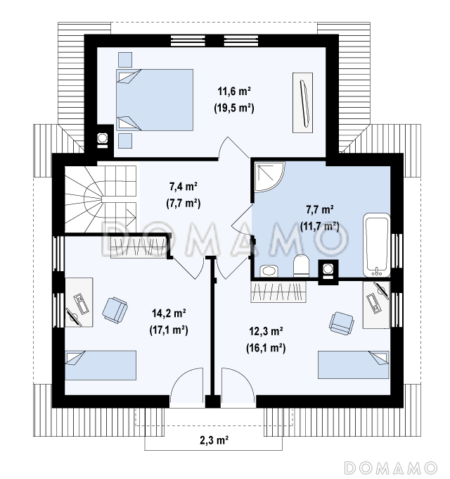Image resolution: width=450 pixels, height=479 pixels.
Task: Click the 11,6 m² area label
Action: click(234, 91)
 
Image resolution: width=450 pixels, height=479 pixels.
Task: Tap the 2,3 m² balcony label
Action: click(214, 440)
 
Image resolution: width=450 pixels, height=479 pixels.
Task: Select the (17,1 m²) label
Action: click(169, 330)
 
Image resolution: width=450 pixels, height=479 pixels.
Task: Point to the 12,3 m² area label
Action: click(266, 331)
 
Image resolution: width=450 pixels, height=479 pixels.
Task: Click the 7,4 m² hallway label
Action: click(184, 186)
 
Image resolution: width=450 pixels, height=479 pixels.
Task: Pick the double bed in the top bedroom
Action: click(155, 100)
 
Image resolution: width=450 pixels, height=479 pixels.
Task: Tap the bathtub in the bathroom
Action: click(377, 245)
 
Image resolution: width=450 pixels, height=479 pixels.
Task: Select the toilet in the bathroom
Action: click(301, 266)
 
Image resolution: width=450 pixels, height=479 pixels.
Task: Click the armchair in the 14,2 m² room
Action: click(115, 310)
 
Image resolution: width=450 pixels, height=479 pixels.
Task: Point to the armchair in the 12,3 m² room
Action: click(342, 323)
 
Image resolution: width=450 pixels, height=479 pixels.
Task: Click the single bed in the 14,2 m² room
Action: click(101, 365)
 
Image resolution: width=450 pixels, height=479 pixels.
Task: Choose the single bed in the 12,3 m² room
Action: click(354, 365)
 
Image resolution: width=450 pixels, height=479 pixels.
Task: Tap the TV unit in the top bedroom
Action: click(303, 103)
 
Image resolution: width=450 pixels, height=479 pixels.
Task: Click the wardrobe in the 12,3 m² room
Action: click(278, 292)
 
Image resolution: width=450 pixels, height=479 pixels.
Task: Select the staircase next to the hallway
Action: click(101, 199)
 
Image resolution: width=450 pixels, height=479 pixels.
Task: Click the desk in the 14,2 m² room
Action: click(79, 302)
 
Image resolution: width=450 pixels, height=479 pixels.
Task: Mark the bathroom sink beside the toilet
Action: click(269, 271)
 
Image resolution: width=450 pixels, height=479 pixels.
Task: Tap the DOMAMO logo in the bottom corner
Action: click(391, 468)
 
